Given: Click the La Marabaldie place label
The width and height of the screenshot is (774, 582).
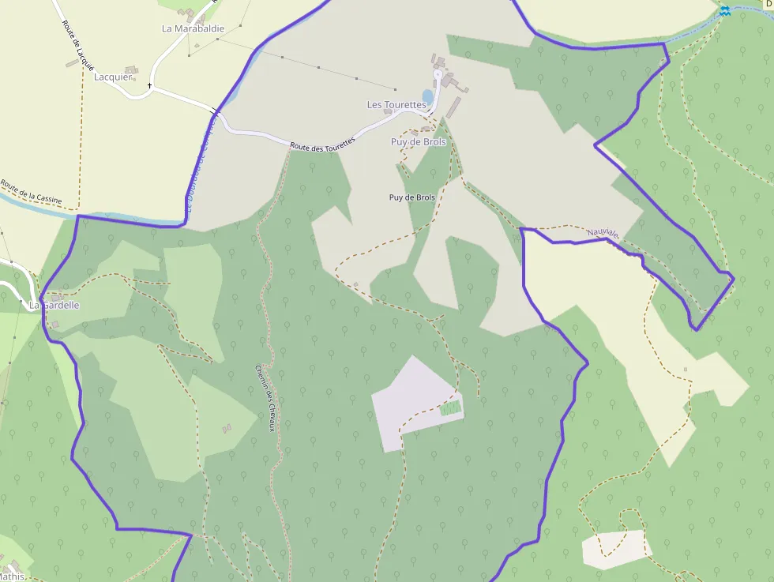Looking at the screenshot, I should [x=193, y=28].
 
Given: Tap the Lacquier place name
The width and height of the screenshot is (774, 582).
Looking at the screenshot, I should [x=113, y=77].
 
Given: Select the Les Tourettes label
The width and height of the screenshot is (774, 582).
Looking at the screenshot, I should [x=396, y=104].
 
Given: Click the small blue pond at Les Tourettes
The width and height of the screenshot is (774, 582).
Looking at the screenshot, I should [x=428, y=96].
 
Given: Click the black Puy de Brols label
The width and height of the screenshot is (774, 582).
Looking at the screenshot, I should [x=412, y=197].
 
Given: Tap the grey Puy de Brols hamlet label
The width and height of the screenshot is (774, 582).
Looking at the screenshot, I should [x=419, y=142].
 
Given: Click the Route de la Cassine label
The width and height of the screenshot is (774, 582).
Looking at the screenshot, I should [x=31, y=193].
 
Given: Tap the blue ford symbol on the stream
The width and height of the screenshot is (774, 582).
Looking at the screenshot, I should [x=724, y=11].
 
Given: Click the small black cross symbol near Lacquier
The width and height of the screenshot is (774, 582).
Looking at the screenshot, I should [x=149, y=84].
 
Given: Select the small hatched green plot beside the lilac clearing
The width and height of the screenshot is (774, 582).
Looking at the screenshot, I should [x=450, y=408].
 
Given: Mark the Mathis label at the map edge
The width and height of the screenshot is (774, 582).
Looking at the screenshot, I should [x=11, y=576].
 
